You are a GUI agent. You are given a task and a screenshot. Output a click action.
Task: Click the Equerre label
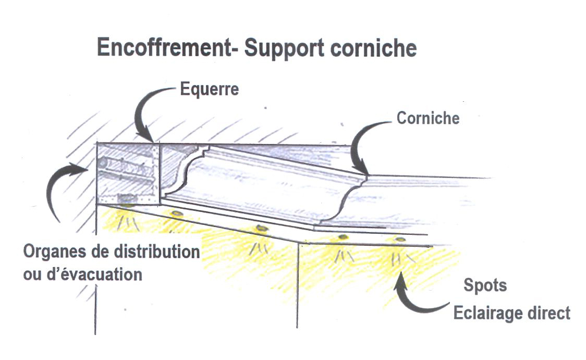pos(209,89)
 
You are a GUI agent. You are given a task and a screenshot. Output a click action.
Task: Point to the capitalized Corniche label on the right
pos(428,118)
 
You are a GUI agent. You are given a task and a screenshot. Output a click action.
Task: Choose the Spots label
pos(485,286)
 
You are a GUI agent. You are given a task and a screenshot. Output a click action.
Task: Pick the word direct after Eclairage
pos(552,313)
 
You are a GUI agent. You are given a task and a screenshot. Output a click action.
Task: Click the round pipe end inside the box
pos(103,163)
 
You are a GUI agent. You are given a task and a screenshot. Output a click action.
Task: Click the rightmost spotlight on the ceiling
pos(400,239)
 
